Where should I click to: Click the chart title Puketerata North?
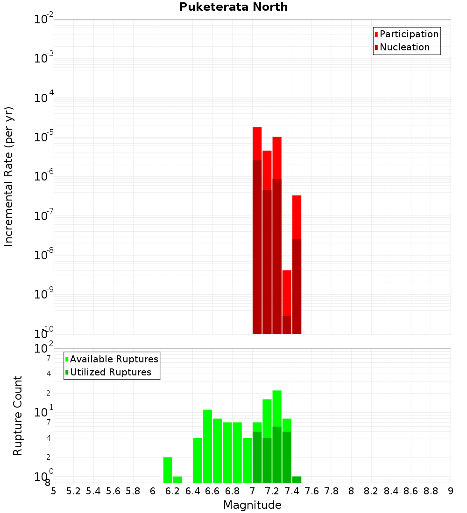233,7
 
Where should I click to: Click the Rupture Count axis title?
18,416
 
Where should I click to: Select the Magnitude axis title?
252,505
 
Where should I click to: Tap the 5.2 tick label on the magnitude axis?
73,491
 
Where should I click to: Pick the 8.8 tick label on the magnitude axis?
431,491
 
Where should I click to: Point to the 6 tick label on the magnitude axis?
153,491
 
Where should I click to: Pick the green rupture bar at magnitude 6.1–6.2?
168,470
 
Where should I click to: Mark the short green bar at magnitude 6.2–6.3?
177,479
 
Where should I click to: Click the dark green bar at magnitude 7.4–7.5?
297,479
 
